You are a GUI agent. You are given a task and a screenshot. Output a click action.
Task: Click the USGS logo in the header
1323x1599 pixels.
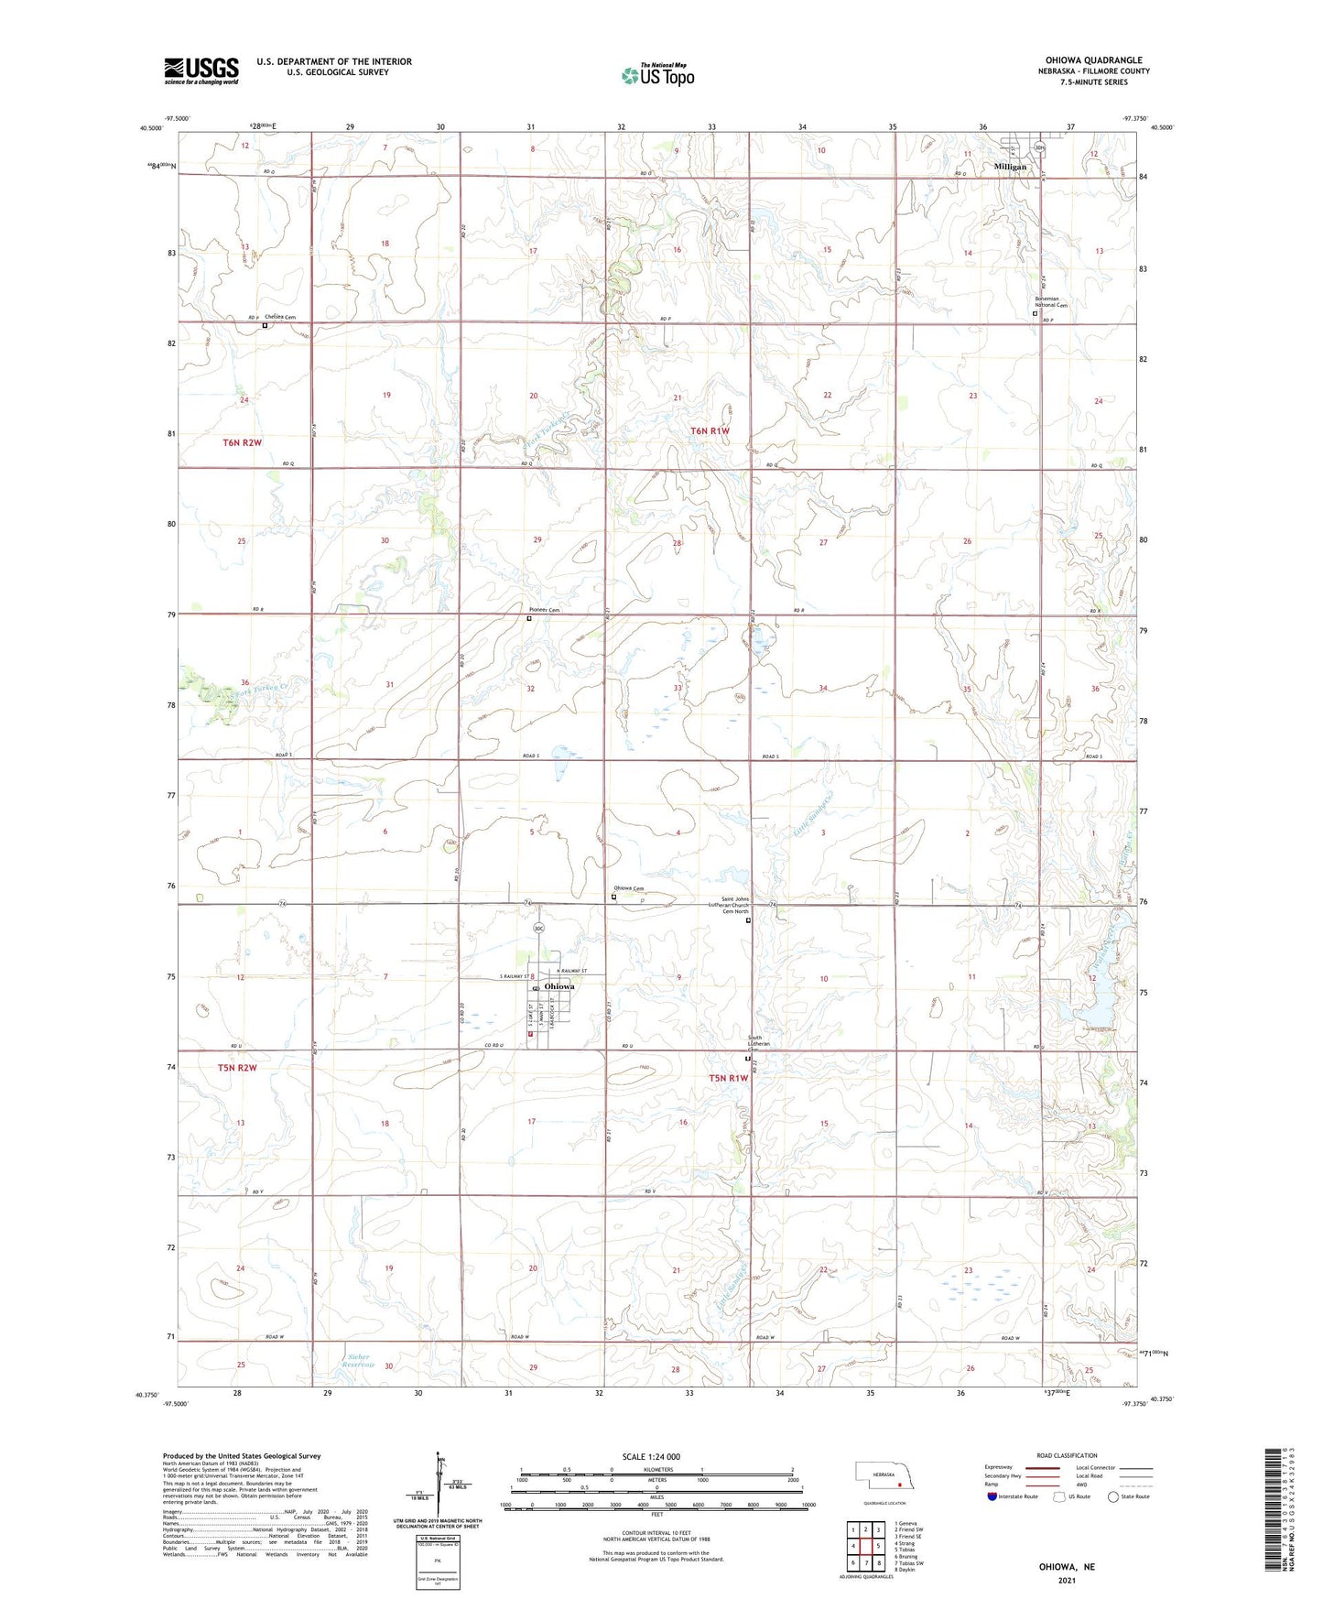click(201, 71)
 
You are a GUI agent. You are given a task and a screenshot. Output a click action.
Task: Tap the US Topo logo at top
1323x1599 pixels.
click(656, 74)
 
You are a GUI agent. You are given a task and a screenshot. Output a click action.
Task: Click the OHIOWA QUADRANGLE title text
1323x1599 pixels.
click(1093, 60)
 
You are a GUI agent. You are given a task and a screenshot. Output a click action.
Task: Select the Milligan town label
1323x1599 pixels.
click(1010, 167)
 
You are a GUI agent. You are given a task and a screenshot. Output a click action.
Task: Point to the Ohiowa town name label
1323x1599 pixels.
click(559, 986)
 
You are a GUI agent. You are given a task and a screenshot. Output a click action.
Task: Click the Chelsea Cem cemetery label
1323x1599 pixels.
click(280, 318)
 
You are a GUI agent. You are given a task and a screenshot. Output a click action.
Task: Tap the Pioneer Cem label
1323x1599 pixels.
click(544, 611)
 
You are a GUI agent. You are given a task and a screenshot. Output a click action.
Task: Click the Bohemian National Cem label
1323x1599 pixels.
click(1050, 301)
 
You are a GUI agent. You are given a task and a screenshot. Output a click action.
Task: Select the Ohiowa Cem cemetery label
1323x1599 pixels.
click(628, 888)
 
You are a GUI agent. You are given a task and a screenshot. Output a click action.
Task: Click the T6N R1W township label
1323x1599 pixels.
click(710, 430)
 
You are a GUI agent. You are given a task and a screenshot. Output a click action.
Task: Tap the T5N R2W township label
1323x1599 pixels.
click(237, 1068)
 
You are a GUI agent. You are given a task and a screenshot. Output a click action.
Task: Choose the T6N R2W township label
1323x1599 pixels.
click(242, 443)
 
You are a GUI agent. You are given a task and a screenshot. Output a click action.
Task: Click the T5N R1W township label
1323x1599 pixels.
click(728, 1078)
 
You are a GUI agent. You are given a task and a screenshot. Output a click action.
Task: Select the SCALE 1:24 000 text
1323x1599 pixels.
click(651, 1456)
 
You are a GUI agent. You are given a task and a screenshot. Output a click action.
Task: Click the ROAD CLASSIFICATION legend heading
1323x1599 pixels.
click(1067, 1455)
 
